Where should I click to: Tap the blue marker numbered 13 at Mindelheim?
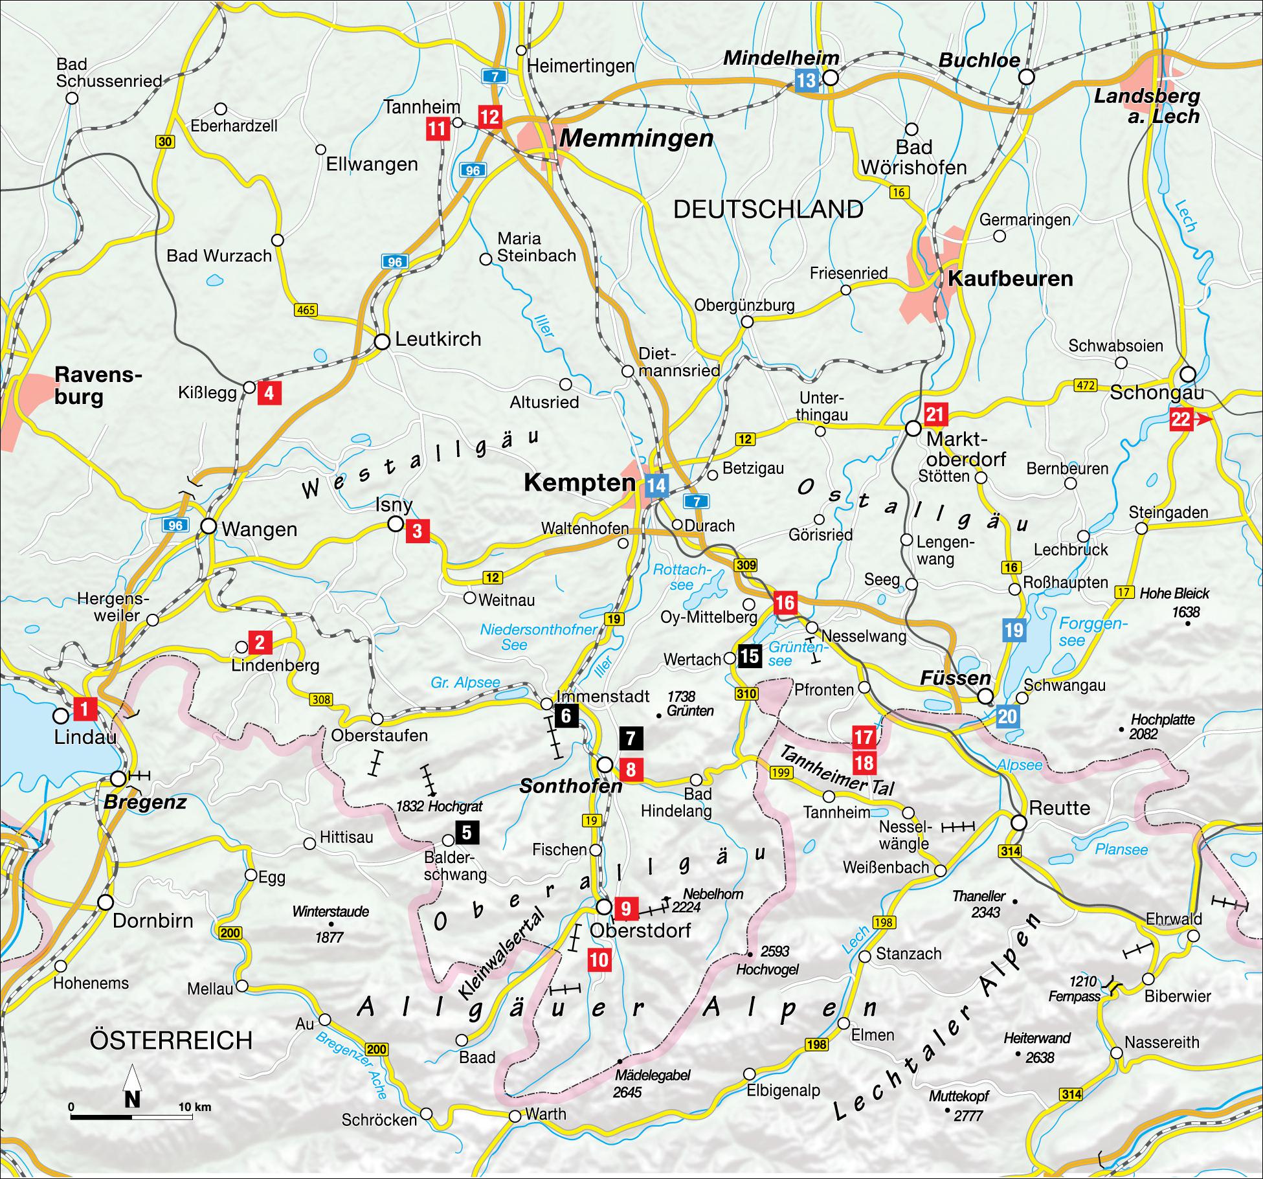click(807, 81)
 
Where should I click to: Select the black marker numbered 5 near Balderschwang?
click(467, 833)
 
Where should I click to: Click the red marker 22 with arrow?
click(1184, 420)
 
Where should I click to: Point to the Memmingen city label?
click(636, 139)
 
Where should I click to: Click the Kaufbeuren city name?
click(1010, 279)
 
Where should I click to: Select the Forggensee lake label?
click(1093, 632)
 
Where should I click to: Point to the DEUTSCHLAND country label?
click(768, 210)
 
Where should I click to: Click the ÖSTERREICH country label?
click(171, 1040)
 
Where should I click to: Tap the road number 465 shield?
click(306, 309)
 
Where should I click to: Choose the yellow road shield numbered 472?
click(1086, 386)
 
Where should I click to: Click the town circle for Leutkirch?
click(383, 341)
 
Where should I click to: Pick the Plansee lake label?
click(1121, 849)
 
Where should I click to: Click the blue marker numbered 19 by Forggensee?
click(1013, 630)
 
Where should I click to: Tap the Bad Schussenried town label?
click(109, 73)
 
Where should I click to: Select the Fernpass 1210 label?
click(1074, 989)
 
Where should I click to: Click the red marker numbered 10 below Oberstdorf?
click(599, 959)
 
